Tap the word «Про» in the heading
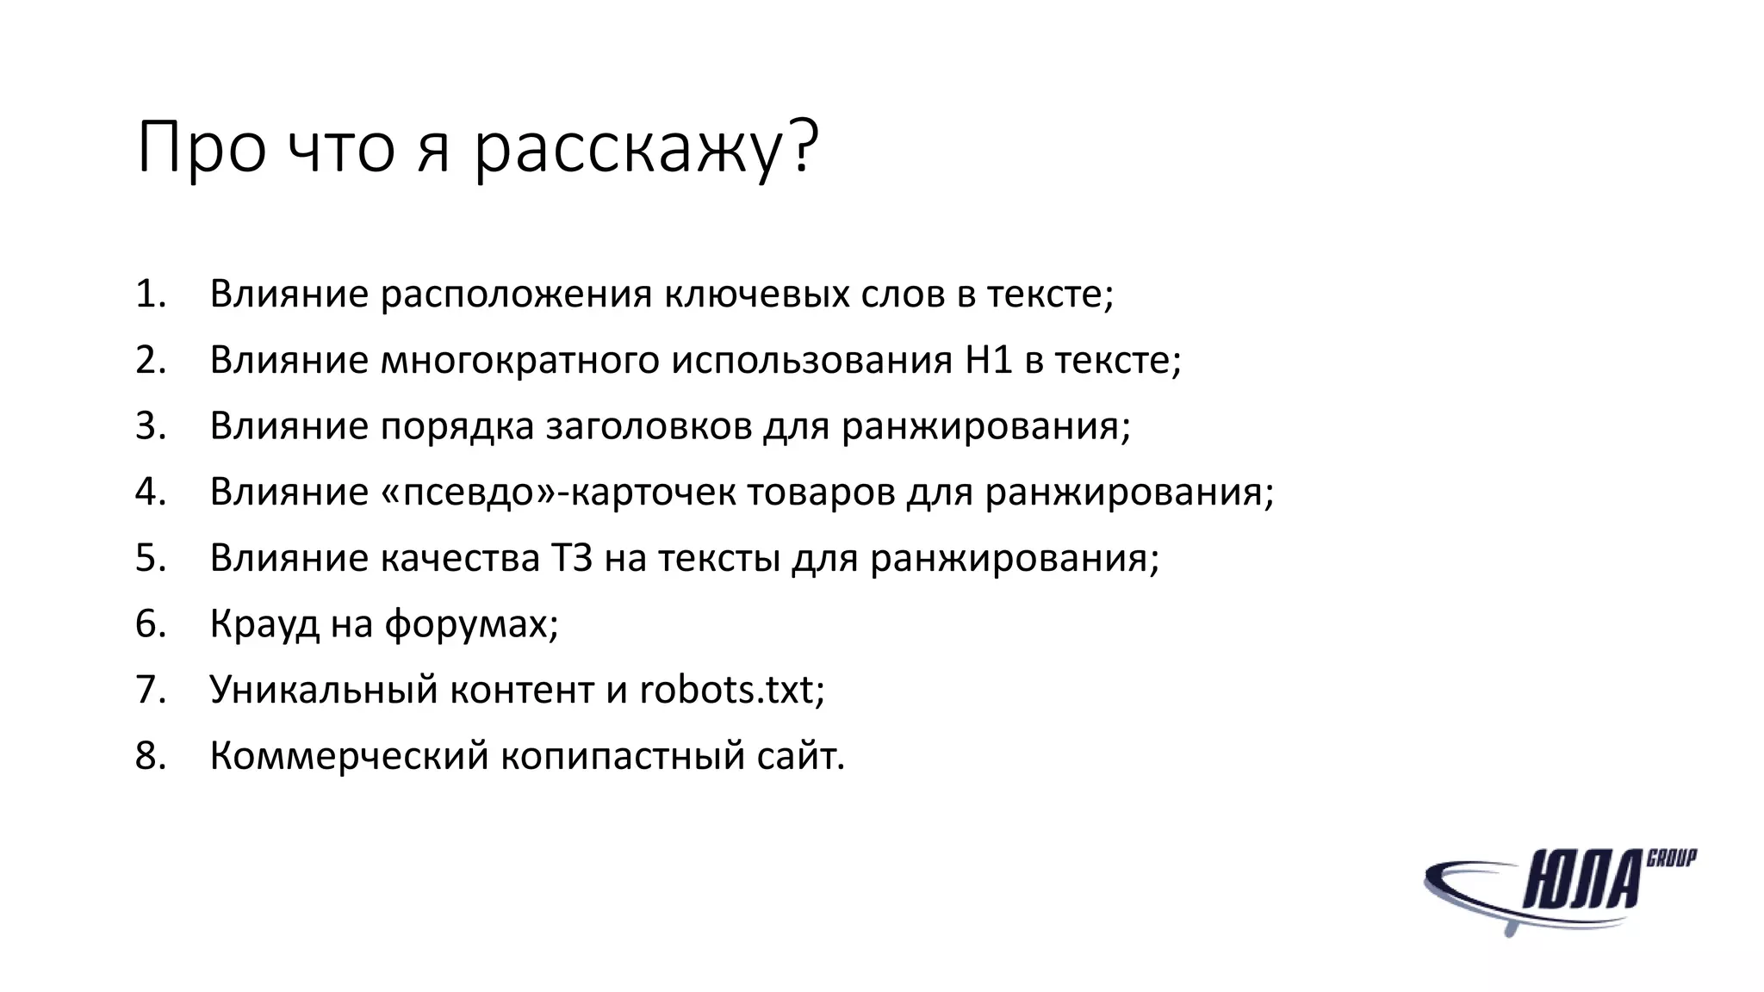201,148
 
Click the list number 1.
150,294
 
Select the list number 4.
150,492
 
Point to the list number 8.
150,756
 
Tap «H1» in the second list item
988,360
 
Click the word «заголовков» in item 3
649,426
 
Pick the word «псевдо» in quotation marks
469,492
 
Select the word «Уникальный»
323,690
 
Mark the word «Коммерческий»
349,756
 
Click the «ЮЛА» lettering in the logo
1583,881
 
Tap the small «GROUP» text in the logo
1672,858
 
